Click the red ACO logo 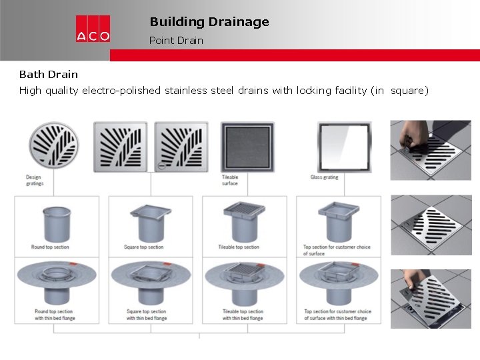(93, 29)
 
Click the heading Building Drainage (209, 22)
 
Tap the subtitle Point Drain (176, 41)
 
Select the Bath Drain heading (49, 75)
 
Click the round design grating (54, 145)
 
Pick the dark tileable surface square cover (247, 147)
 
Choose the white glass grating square (345, 147)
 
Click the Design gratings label (35, 180)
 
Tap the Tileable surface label (230, 180)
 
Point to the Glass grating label (324, 177)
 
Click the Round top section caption (50, 247)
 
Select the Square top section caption (143, 247)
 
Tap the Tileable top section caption (239, 247)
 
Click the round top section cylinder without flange (57, 225)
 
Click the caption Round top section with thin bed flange (55, 315)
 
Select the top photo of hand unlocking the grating (431, 150)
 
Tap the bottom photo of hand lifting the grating (431, 299)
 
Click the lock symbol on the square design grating (161, 166)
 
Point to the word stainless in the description (186, 91)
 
